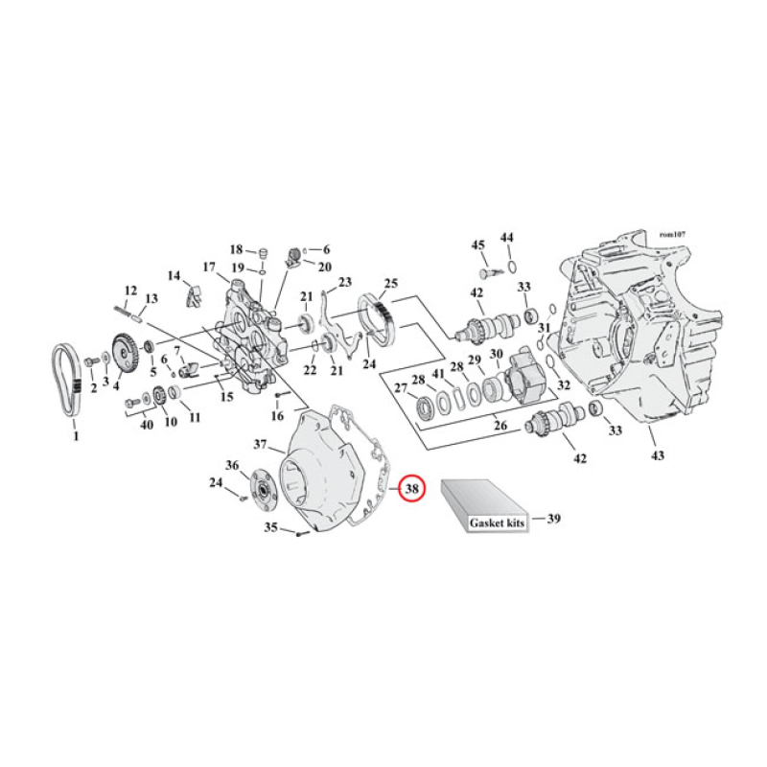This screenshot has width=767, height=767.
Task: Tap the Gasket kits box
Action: tap(483, 506)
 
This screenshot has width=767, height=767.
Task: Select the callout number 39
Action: tap(553, 519)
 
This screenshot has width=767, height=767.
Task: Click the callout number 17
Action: tap(208, 267)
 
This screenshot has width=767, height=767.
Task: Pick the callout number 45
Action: tap(478, 244)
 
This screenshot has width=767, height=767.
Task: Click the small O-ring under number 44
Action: tap(511, 264)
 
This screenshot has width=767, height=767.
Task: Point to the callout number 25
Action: tap(390, 284)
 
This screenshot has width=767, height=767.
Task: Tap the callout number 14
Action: tap(174, 276)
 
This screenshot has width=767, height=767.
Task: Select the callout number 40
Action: tap(147, 426)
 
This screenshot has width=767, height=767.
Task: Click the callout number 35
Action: tap(270, 527)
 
